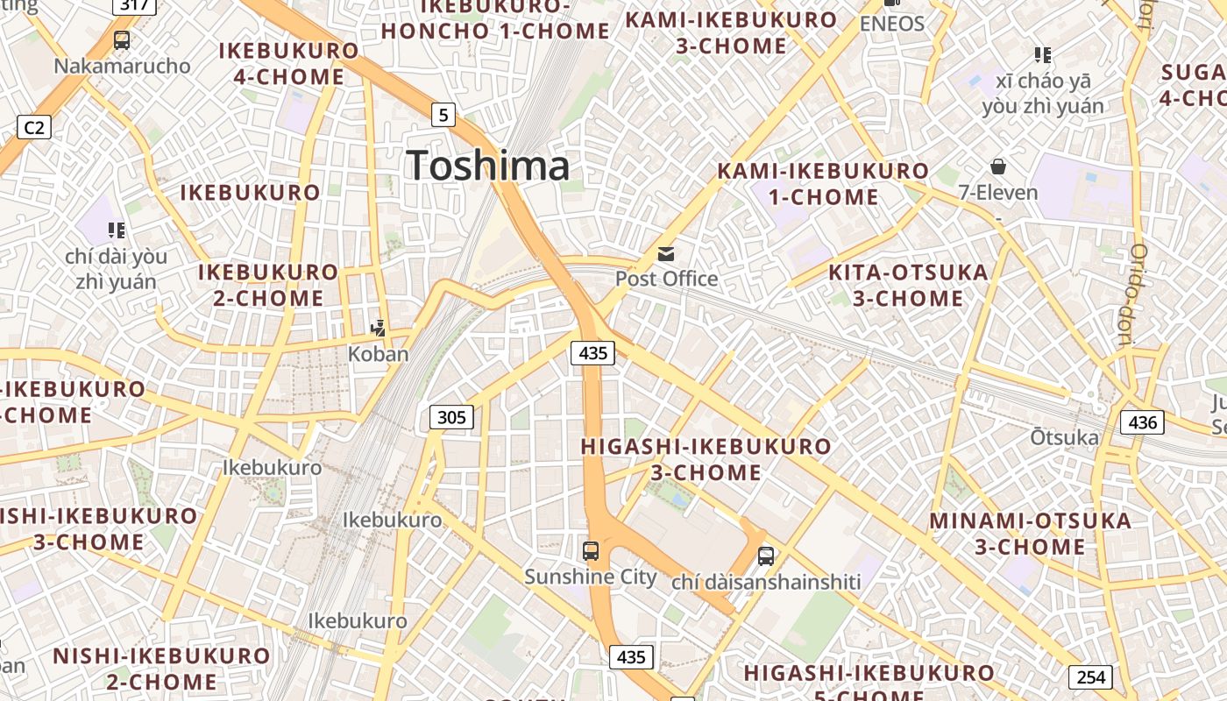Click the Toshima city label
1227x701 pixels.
[x=488, y=166]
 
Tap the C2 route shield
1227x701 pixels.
[x=34, y=128]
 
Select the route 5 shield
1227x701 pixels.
[x=444, y=114]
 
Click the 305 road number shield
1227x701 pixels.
[x=451, y=417]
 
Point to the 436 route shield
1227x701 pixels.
[x=1143, y=422]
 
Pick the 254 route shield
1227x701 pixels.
[x=1090, y=677]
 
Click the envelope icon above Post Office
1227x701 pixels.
[x=666, y=254]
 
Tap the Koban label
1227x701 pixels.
[x=379, y=354]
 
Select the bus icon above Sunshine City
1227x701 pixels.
[x=591, y=551]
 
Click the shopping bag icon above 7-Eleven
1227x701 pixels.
[x=997, y=166]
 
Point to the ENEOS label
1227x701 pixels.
[x=892, y=24]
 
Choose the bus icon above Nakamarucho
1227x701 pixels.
[x=122, y=39]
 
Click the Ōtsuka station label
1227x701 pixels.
[x=1064, y=437]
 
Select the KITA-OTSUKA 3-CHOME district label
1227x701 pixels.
[x=908, y=285]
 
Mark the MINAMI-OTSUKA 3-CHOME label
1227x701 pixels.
[x=1030, y=534]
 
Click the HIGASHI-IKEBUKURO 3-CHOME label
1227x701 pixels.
[x=706, y=459]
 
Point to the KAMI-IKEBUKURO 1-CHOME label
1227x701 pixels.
[x=823, y=183]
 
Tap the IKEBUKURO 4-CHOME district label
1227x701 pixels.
[x=288, y=63]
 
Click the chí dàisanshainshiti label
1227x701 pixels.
[x=766, y=582]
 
